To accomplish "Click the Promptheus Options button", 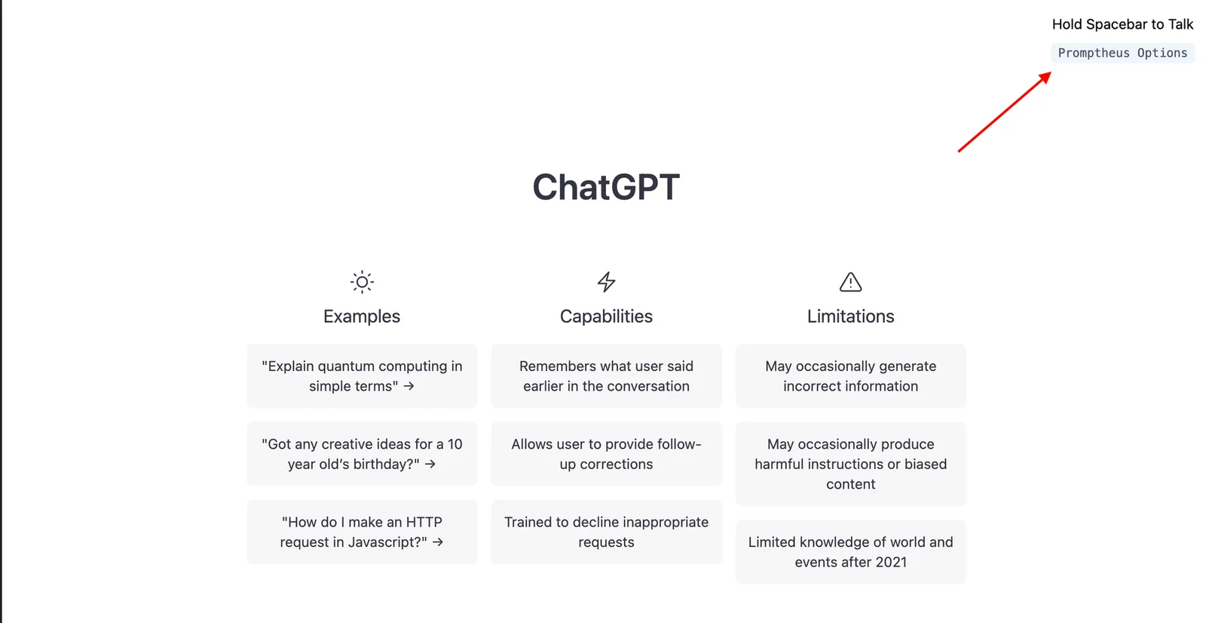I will tap(1122, 53).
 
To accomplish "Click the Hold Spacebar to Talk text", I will tap(1122, 24).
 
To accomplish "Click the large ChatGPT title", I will tap(606, 187).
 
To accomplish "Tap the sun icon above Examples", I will tap(362, 282).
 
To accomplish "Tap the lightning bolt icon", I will tap(606, 282).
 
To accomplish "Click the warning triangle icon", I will tap(850, 282).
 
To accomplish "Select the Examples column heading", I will tap(362, 316).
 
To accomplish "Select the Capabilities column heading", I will tap(606, 316).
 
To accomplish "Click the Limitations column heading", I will tap(850, 316).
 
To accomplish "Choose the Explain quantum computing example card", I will tap(362, 376).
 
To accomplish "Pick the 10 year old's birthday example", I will tap(362, 454).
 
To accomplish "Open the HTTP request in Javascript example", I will tap(362, 532).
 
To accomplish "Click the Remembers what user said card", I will tap(606, 376).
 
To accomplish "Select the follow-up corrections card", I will tap(606, 454).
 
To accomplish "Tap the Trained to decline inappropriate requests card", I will tap(606, 532).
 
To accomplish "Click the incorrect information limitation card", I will tap(850, 376).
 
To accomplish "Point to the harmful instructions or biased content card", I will tap(850, 464).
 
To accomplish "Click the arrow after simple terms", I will tap(409, 386).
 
